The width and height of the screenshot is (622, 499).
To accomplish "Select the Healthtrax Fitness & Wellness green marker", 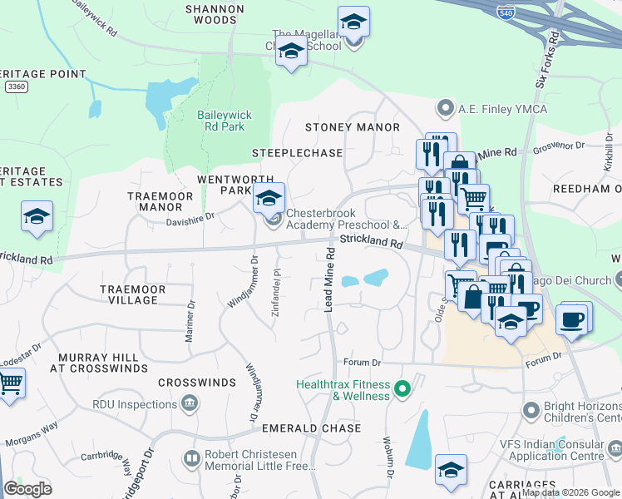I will tap(402, 388).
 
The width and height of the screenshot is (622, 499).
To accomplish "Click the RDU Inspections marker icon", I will tap(190, 404).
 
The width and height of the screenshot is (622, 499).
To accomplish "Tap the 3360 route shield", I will tap(15, 86).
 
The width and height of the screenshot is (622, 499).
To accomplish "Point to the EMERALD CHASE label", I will tap(311, 428).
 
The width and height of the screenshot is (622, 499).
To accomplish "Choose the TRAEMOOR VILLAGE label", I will tap(132, 294).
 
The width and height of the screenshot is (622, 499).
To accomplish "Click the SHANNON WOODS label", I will tap(215, 14).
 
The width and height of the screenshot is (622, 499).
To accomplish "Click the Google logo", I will tap(27, 489).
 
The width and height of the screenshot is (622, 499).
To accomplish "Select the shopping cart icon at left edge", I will tap(9, 384).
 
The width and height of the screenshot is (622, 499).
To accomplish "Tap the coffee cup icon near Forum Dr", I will tap(571, 319).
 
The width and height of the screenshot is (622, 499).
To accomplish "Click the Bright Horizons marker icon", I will tap(531, 411).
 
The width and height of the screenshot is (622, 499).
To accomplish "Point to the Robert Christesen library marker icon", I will tap(192, 458).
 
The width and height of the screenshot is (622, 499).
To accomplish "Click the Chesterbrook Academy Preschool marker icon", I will tap(274, 220).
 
